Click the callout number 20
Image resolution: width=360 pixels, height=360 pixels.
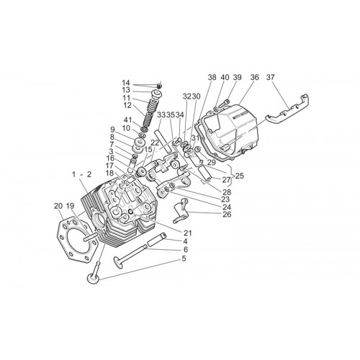[x=58, y=206]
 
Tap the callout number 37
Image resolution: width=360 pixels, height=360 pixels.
[x=270, y=77]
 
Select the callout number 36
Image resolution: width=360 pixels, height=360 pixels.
[x=255, y=77]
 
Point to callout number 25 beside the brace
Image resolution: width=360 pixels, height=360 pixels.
[x=239, y=176]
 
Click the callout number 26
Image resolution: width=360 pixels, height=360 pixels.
[x=227, y=215]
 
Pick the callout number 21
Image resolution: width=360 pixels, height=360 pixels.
[x=188, y=233]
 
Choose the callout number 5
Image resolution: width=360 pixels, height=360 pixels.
[x=184, y=258]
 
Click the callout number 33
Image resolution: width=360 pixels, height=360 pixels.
[x=161, y=115]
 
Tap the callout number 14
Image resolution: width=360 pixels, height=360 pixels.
[x=126, y=83]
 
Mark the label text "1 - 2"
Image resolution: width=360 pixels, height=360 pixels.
[x=82, y=174]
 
